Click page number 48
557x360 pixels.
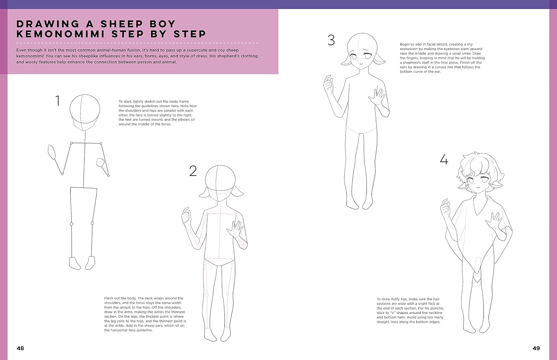pos(20,348)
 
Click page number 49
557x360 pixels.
pos(536,348)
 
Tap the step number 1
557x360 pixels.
pos(58,101)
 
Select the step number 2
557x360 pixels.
pos(193,171)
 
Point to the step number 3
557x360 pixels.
pos(331,40)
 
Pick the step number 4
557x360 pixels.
pos(444,159)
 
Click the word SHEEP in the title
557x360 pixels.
pos(121,24)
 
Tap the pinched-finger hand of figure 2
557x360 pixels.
pos(186,215)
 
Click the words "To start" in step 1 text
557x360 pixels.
pos(126,101)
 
